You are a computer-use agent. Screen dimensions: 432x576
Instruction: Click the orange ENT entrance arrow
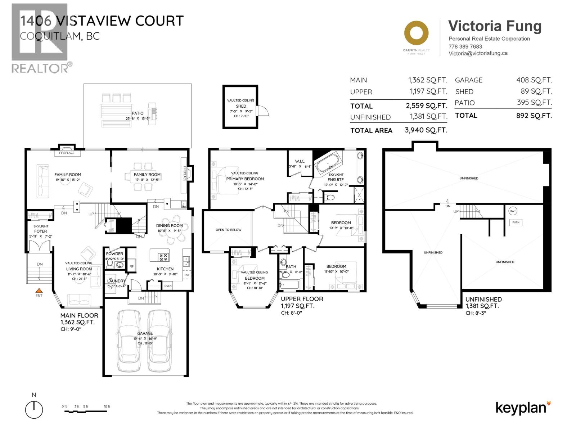coord(39,290)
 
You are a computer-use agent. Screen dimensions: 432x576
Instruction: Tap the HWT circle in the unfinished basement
coord(513,211)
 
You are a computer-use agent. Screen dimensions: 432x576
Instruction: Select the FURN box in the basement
coord(516,222)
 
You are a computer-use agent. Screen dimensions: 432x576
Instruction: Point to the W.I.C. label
coord(300,161)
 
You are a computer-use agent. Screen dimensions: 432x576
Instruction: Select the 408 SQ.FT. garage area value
coord(534,80)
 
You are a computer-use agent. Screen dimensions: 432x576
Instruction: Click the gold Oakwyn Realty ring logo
coord(416,33)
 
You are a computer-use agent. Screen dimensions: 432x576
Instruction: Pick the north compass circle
coord(34,410)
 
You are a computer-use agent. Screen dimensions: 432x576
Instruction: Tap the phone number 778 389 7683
coord(465,46)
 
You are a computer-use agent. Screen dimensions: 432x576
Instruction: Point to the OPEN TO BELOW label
coord(228,230)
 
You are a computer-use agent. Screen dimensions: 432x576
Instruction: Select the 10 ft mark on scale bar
coord(107,407)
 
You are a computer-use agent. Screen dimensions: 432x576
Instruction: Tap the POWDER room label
coord(114,254)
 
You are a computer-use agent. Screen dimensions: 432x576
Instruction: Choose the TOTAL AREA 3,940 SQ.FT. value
coord(426,130)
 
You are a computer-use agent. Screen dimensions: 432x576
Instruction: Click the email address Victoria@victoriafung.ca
coord(478,53)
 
